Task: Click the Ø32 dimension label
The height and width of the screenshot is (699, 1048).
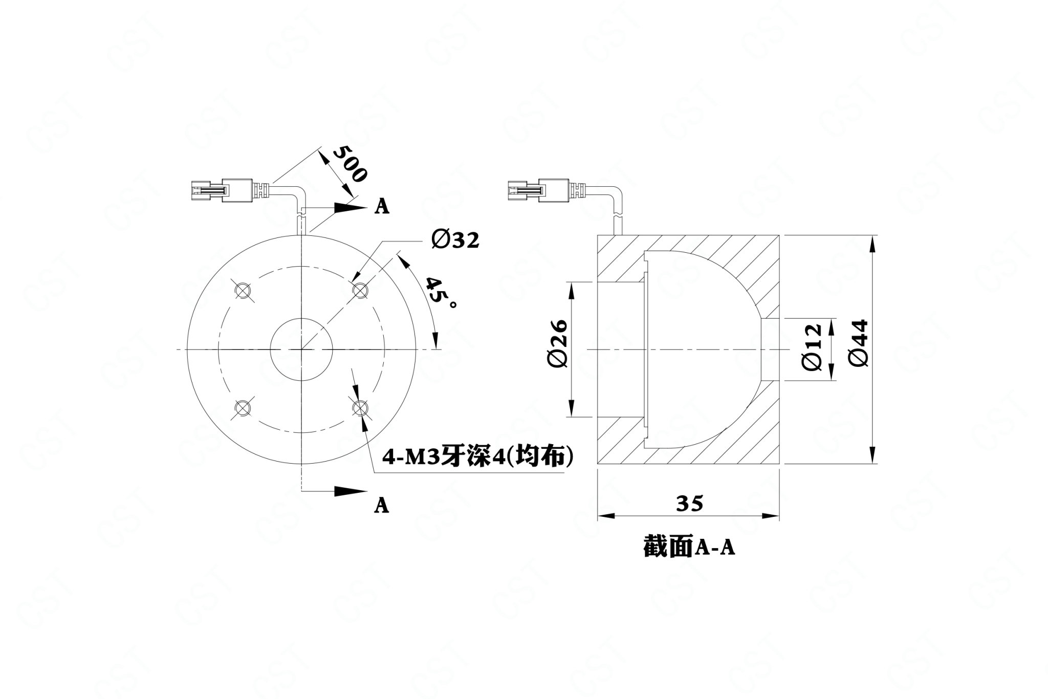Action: [x=455, y=239]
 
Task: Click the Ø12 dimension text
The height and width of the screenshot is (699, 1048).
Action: [x=812, y=346]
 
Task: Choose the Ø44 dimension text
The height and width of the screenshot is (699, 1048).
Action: [x=858, y=343]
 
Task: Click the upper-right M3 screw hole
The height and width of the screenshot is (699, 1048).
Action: [x=360, y=290]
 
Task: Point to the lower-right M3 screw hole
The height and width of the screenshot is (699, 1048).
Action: [x=360, y=408]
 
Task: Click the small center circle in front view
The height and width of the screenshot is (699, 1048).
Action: [x=301, y=349]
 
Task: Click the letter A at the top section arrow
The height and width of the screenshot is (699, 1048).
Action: [x=382, y=206]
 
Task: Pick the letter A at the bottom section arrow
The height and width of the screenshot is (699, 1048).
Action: [x=382, y=505]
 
